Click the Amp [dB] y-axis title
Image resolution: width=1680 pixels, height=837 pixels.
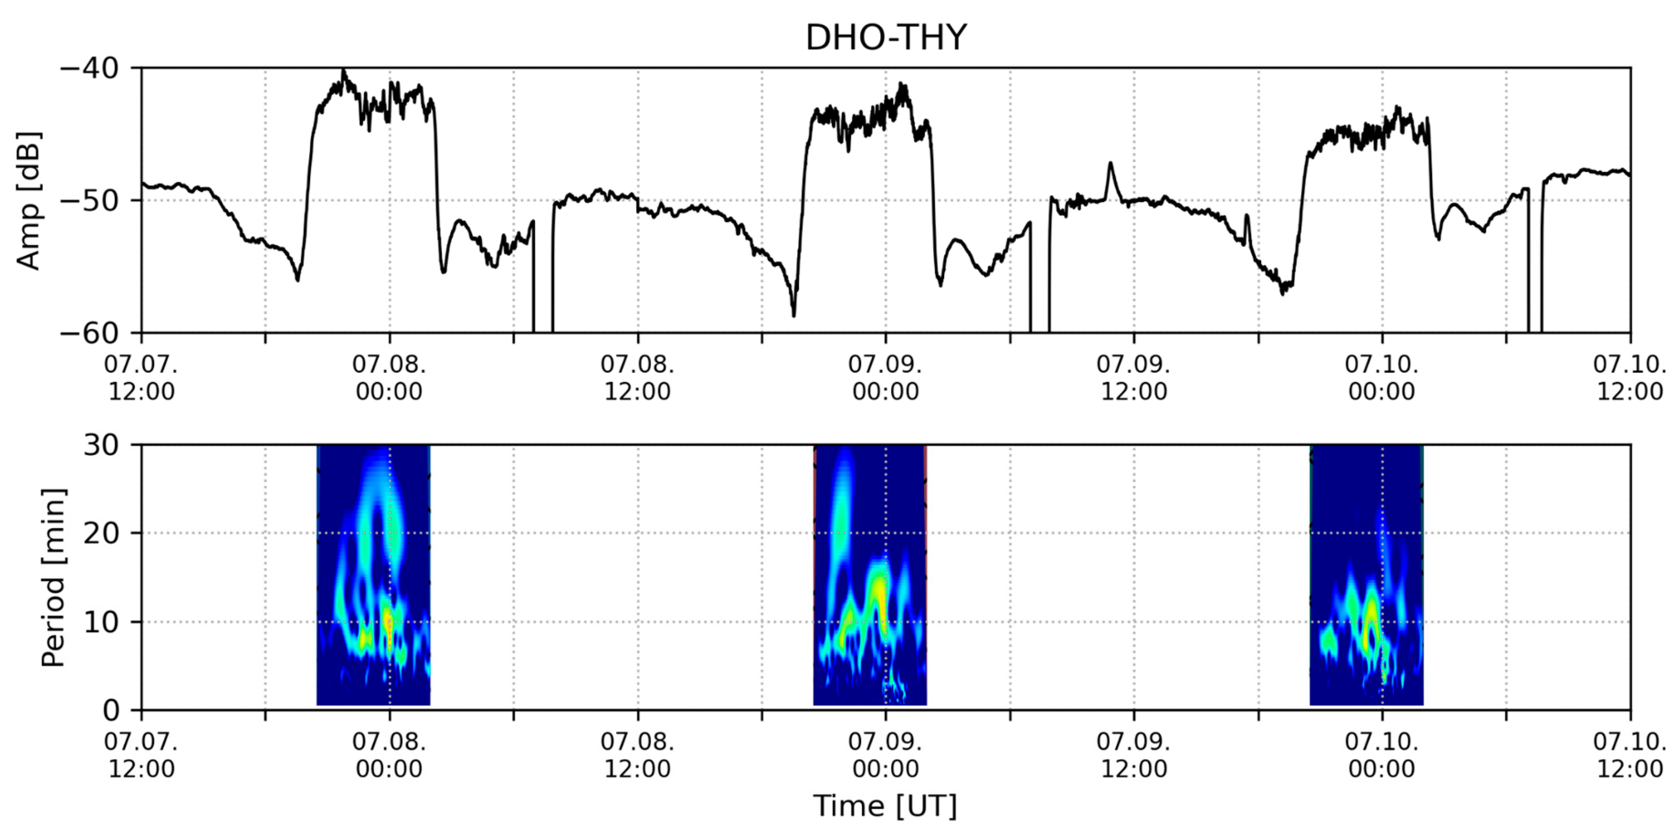click(x=29, y=201)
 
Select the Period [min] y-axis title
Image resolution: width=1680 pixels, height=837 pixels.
click(x=53, y=577)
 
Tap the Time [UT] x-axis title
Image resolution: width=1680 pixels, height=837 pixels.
click(x=885, y=806)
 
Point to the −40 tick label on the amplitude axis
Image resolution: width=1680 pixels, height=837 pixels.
click(x=91, y=68)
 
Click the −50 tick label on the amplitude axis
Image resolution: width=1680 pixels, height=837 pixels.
click(x=91, y=201)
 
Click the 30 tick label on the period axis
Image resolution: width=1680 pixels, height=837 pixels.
click(x=102, y=446)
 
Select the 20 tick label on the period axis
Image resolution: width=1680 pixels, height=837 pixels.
click(x=102, y=534)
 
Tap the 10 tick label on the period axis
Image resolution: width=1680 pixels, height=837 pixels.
click(x=102, y=622)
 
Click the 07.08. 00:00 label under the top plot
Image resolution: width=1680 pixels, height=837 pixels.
click(x=389, y=378)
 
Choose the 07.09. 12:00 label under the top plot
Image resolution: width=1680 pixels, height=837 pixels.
click(x=1133, y=378)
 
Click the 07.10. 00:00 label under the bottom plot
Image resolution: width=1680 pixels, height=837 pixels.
click(x=1382, y=755)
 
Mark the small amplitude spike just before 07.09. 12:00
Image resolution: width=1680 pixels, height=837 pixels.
click(x=1110, y=165)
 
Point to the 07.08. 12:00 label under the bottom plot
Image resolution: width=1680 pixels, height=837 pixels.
click(x=637, y=755)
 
